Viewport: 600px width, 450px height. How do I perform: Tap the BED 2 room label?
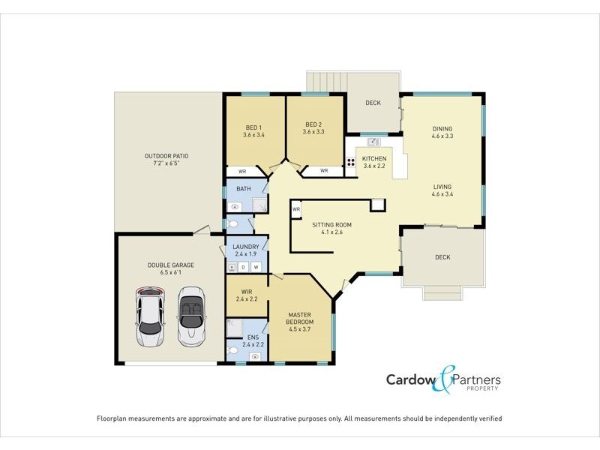click(x=313, y=125)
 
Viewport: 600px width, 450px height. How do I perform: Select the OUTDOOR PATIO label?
click(x=166, y=157)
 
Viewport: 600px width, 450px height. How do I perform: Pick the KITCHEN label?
click(x=374, y=159)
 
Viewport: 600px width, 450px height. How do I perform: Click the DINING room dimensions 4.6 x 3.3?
click(x=442, y=136)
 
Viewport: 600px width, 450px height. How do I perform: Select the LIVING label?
click(x=442, y=187)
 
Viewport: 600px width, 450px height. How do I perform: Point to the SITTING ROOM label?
click(x=331, y=224)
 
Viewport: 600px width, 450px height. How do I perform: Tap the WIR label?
click(x=246, y=291)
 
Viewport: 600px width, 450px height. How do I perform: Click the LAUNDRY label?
click(x=246, y=247)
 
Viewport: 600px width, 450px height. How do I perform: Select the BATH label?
click(x=244, y=189)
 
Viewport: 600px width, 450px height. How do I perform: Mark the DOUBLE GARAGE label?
click(x=170, y=265)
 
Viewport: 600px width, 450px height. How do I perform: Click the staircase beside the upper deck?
click(x=325, y=81)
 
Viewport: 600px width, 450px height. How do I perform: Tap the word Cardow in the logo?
click(x=409, y=379)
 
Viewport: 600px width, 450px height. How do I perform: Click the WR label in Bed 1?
click(x=242, y=171)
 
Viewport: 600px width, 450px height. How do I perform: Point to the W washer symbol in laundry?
click(x=256, y=267)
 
